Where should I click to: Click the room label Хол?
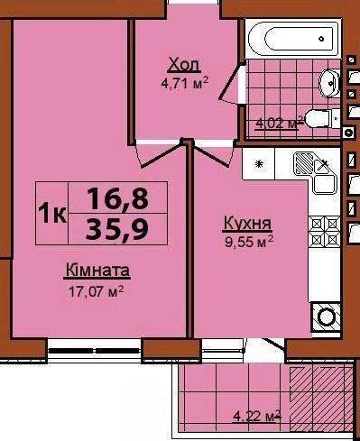tap(185, 65)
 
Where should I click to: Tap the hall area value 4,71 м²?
tap(185, 83)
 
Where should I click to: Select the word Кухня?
tap(247, 224)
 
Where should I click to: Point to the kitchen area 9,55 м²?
tap(249, 242)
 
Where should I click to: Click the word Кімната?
tap(97, 271)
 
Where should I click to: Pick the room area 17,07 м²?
tap(97, 290)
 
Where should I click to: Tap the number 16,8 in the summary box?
tap(118, 198)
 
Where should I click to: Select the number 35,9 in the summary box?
tap(117, 229)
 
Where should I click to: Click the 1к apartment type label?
tap(52, 213)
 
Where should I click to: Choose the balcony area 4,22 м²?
tap(257, 417)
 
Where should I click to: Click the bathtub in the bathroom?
tap(294, 39)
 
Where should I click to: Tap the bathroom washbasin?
tap(329, 83)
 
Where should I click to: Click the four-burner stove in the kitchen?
tap(325, 231)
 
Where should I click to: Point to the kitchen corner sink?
tap(315, 172)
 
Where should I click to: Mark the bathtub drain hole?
tap(322, 39)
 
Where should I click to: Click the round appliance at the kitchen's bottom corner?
tap(326, 317)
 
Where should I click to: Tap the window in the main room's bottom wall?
tap(94, 351)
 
